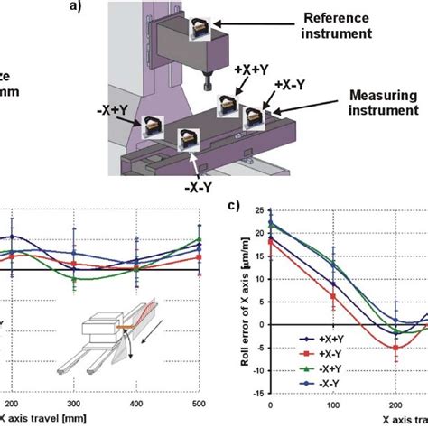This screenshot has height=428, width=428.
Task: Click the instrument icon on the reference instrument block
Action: (x=200, y=27)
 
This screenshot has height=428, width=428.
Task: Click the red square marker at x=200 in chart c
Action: (x=395, y=347)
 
